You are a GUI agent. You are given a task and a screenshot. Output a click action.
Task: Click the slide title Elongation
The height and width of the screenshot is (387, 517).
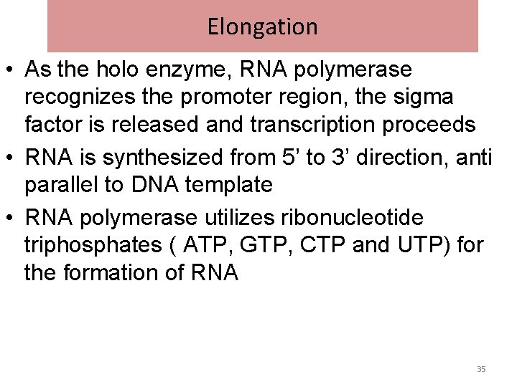262,27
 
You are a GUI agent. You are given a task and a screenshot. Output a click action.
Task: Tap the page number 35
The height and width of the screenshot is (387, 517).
481,369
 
